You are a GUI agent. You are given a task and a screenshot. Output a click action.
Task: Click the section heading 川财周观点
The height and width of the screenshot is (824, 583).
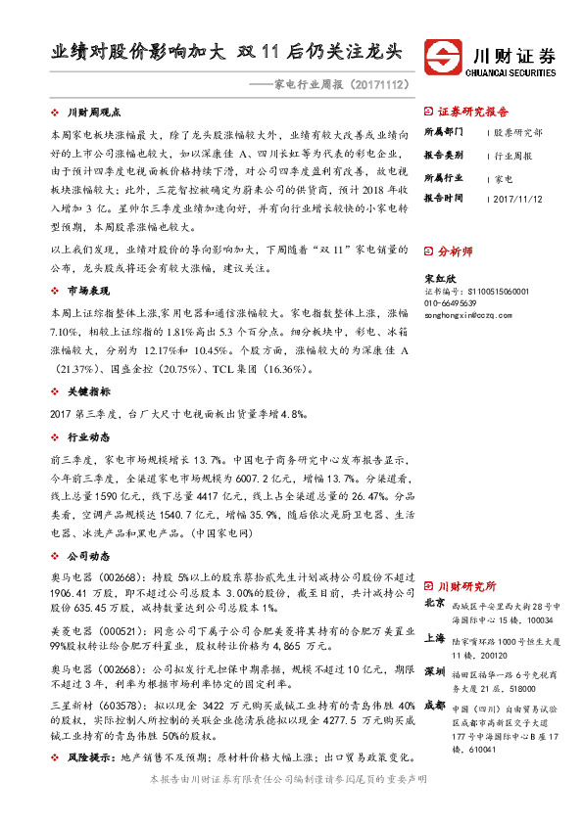point(94,114)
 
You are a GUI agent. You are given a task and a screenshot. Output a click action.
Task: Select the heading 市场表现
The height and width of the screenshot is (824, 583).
point(88,291)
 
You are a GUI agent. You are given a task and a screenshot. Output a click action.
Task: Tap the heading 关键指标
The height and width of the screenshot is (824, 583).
point(88,390)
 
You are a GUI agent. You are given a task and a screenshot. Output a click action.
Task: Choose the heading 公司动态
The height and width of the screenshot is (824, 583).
point(88,555)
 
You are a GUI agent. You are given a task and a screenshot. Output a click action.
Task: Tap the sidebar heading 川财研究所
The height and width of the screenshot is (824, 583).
point(466,584)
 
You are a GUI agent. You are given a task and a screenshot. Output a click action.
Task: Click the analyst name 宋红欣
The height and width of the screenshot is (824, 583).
point(437,279)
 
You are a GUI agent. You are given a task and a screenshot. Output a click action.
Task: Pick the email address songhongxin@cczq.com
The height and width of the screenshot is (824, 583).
point(462,316)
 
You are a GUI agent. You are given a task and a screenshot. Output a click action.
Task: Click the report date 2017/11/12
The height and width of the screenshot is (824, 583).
point(518,198)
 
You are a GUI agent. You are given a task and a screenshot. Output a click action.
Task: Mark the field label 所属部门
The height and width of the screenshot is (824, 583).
point(443,131)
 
